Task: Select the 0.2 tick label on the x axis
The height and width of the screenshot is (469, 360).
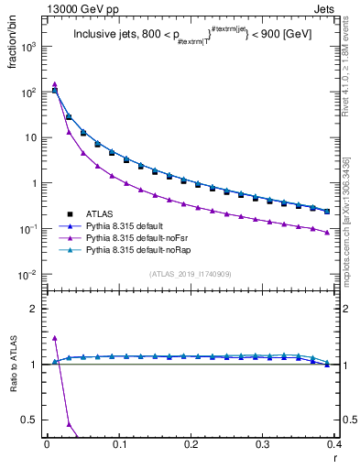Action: pyautogui.click(x=191, y=443)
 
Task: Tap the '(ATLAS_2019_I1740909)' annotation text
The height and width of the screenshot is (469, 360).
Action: pyautogui.click(x=190, y=275)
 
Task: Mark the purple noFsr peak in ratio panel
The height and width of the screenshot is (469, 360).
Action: pyautogui.click(x=55, y=338)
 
